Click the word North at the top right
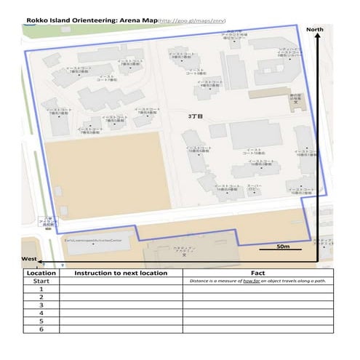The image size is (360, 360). coord(315,29)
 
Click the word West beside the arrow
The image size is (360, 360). coord(28,259)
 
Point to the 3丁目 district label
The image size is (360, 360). coord(193,116)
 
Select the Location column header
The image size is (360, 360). coord(41,273)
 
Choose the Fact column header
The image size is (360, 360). coord(257,273)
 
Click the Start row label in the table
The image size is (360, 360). coord(41,281)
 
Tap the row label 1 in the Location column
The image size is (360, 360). coord(41,289)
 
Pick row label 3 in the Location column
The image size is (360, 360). coord(41,305)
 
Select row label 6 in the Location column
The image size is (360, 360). coord(41,328)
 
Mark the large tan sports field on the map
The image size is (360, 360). coord(107,175)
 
